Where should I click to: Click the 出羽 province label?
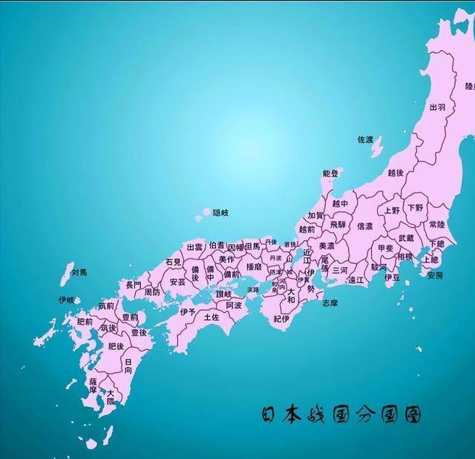437,108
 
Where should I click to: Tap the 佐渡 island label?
365,139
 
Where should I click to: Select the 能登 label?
330,174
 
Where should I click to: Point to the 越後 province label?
396,173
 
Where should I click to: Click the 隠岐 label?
220,213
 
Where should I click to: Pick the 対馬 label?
79,273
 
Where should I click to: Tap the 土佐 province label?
212,317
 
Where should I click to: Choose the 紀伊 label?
281,319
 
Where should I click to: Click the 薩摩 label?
94,385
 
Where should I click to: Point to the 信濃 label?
365,226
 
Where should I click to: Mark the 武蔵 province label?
406,238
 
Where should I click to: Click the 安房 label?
435,275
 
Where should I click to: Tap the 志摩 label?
330,303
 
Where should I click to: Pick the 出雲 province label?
194,247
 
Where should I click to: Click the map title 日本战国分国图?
341,415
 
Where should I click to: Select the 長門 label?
134,284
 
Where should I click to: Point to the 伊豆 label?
393,277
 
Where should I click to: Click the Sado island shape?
377,147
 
